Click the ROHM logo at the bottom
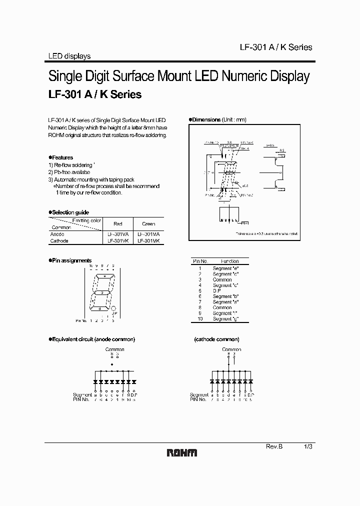pyautogui.click(x=181, y=452)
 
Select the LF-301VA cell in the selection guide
pyautogui.click(x=118, y=234)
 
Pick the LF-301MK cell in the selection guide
pyautogui.click(x=148, y=240)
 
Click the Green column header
pyautogui.click(x=148, y=223)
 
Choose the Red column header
pyautogui.click(x=118, y=223)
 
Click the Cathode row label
pyautogui.click(x=59, y=240)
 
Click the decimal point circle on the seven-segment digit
pyautogui.click(x=113, y=309)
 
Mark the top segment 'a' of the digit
pyautogui.click(x=104, y=275)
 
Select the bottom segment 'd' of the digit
pyautogui.click(x=100, y=309)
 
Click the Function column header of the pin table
pyautogui.click(x=229, y=261)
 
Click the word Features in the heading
pyautogui.click(x=62, y=157)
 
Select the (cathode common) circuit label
pyautogui.click(x=216, y=339)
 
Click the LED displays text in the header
pyautogui.click(x=69, y=56)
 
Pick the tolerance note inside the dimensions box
pyautogui.click(x=267, y=233)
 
